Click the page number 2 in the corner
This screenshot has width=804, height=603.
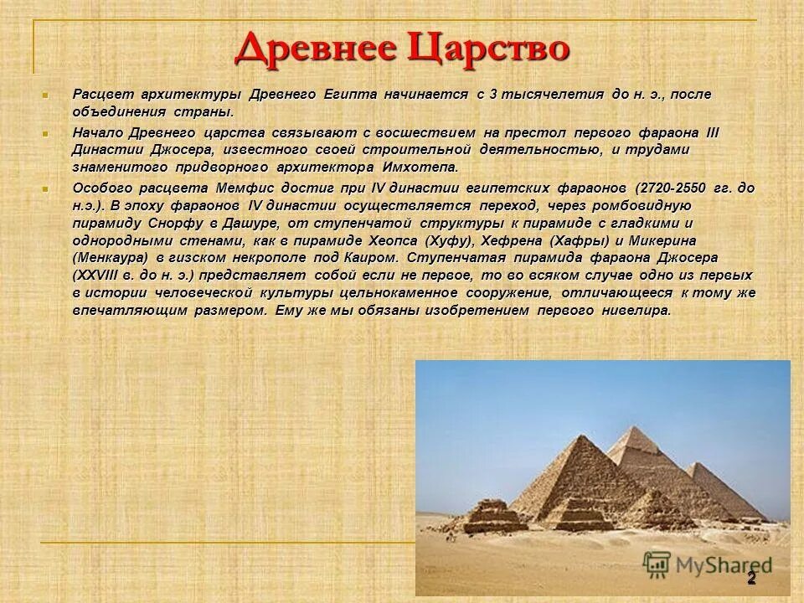(x=751, y=578)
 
